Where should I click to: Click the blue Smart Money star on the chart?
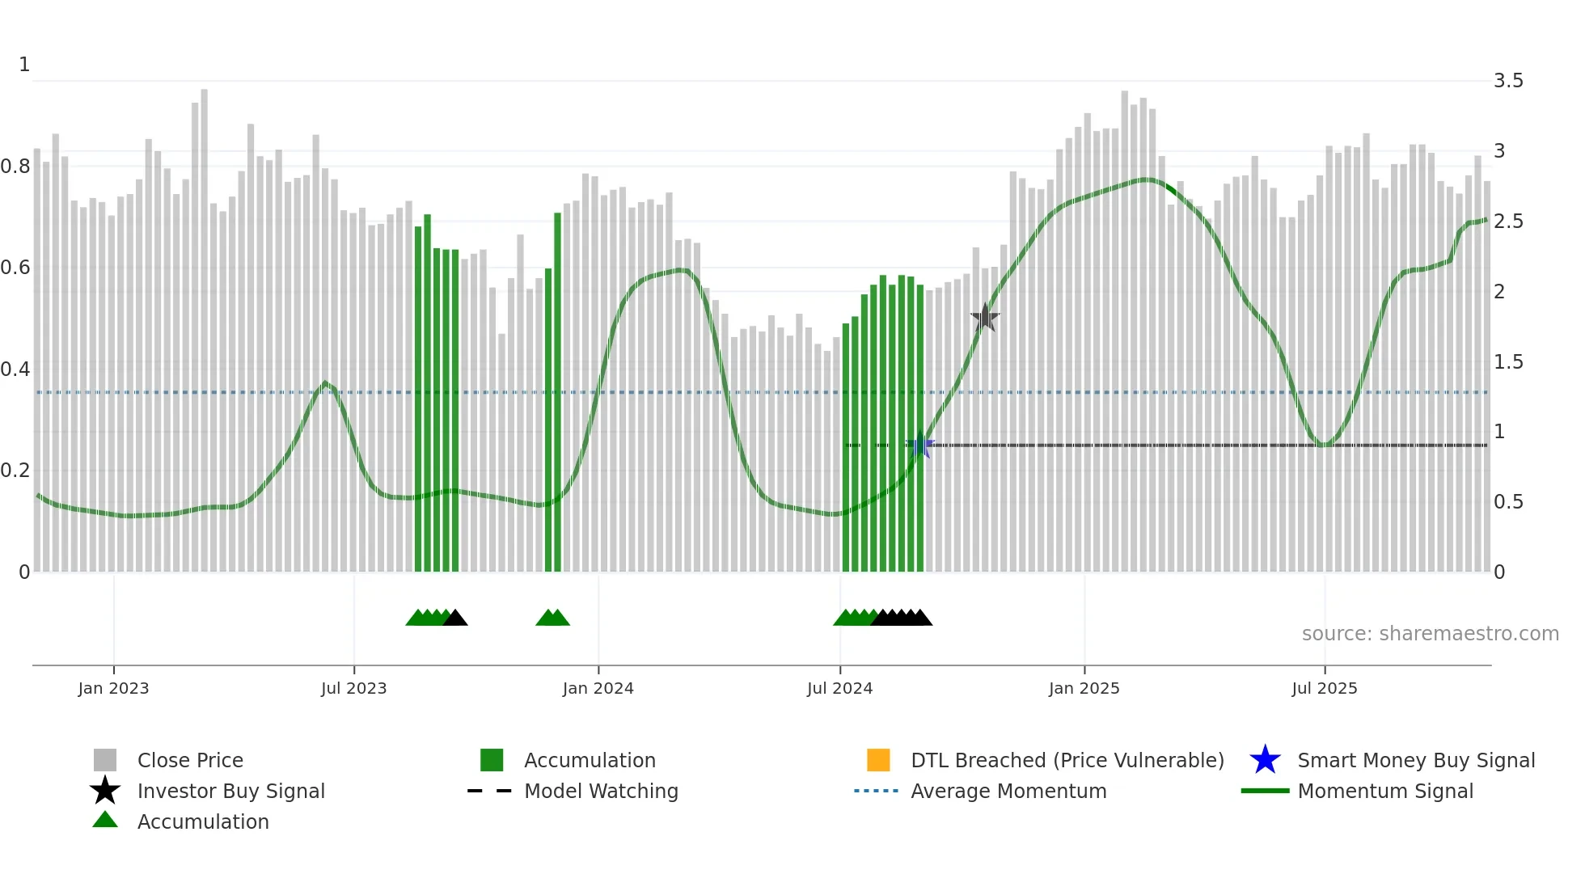[919, 445]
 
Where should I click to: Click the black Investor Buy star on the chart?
[985, 318]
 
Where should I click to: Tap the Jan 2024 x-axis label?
[598, 688]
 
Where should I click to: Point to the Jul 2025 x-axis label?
[1324, 688]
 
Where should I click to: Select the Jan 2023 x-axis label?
[113, 688]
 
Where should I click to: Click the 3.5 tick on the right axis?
[1507, 81]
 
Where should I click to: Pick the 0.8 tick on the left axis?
[15, 167]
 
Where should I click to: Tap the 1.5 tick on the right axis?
[1507, 362]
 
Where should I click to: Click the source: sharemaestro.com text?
[1430, 634]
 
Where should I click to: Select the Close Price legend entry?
[190, 761]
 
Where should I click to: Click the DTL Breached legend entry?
[1067, 761]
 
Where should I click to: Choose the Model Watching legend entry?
[600, 792]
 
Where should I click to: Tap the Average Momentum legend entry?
[1008, 792]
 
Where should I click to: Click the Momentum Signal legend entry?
[1384, 792]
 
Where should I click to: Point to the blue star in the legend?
[1265, 760]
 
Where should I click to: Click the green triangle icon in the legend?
[105, 820]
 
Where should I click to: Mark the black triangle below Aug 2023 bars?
[455, 619]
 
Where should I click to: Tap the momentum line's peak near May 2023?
[325, 382]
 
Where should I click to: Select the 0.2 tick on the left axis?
[15, 471]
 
